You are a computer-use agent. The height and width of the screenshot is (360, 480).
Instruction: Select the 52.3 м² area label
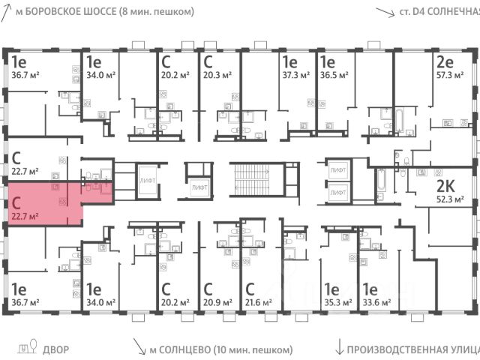pos(450,199)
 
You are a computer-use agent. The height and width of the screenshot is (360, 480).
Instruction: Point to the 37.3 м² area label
pos(294,75)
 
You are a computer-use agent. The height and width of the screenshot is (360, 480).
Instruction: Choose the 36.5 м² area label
pos(333,75)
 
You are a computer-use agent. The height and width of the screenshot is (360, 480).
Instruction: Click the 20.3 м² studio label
pos(216,75)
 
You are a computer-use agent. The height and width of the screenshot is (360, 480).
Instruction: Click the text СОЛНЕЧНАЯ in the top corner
pos(454,11)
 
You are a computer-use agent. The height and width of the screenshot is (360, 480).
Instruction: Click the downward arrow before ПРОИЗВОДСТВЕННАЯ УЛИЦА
pos(340,346)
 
